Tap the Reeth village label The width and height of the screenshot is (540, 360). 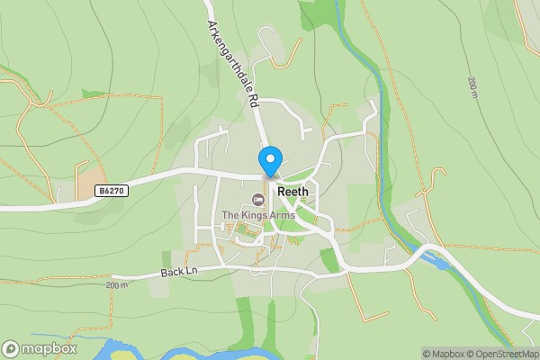tap(293, 192)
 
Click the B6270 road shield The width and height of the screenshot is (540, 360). tap(112, 191)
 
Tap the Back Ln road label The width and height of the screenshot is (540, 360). tap(178, 271)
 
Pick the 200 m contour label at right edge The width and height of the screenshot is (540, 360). tap(472, 88)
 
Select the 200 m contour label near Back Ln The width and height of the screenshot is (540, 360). tap(117, 285)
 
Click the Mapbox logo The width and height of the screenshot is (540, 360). tap(40, 348)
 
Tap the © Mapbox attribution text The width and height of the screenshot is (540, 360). tap(444, 354)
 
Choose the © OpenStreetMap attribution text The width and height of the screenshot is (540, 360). tap(502, 354)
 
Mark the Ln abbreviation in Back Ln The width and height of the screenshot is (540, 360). tap(190, 270)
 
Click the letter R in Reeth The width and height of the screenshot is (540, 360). tap(281, 192)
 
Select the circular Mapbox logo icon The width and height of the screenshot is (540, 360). tap(11, 348)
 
